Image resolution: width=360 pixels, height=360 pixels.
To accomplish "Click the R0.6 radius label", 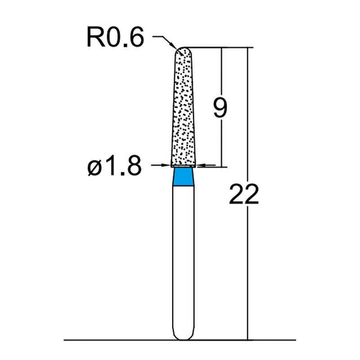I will click(x=115, y=39).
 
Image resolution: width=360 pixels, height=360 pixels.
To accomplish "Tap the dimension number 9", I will click(x=220, y=108).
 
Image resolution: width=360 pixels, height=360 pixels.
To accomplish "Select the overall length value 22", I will click(x=243, y=194).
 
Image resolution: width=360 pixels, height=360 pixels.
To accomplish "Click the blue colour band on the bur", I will click(x=184, y=176).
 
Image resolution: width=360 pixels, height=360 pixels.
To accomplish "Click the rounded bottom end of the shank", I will click(x=184, y=337).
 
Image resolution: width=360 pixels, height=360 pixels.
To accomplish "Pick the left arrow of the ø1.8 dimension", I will click(x=167, y=166).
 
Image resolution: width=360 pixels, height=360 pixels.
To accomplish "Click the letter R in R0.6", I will click(x=95, y=39).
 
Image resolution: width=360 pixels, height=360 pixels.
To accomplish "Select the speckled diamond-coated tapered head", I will click(x=184, y=108).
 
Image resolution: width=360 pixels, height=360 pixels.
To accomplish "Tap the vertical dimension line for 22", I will click(x=247, y=270).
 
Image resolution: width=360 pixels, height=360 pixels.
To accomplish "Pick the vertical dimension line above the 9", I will click(x=221, y=72).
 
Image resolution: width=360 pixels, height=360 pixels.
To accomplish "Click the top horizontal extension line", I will click(x=225, y=47).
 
